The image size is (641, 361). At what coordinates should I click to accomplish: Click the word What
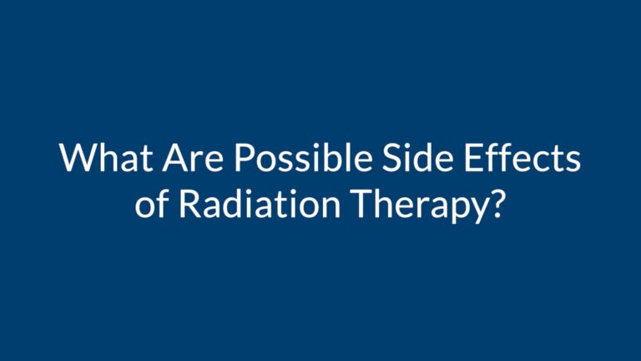tap(106, 157)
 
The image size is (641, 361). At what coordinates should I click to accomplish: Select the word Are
tap(193, 157)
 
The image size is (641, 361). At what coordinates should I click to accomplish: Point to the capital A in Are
tap(176, 157)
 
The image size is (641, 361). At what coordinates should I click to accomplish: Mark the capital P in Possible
tap(244, 157)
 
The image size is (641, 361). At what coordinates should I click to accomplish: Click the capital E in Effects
tap(473, 157)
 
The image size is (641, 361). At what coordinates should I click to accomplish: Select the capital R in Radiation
tap(190, 202)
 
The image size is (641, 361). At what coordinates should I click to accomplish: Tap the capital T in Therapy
tap(363, 202)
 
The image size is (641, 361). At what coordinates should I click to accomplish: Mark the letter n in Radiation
tap(330, 206)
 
